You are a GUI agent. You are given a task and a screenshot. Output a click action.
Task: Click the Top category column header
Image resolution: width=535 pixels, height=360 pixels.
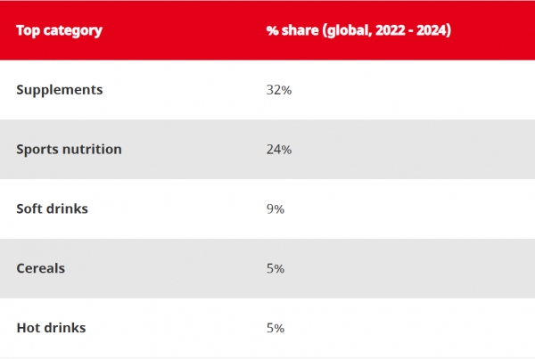tap(60, 30)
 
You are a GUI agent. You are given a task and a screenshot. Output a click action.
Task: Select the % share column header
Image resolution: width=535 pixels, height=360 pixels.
tap(358, 30)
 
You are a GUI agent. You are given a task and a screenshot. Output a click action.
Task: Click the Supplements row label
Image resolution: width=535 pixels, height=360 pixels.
tap(60, 90)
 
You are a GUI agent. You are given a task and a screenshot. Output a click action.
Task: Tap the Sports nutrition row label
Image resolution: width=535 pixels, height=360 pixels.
tap(69, 150)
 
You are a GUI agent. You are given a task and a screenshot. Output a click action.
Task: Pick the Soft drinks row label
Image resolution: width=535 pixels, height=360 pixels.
tap(53, 209)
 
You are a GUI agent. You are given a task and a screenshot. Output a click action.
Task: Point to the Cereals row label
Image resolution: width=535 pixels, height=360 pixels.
tap(41, 268)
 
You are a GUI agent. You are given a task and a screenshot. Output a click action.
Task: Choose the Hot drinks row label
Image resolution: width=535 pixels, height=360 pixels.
tap(51, 328)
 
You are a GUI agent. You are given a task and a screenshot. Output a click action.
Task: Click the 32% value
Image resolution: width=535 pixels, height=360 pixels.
tap(279, 90)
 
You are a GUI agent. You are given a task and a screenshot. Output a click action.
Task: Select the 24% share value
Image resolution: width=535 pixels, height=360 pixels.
tap(279, 150)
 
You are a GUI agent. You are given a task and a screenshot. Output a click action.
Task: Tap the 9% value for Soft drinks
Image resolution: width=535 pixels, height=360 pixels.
tap(276, 209)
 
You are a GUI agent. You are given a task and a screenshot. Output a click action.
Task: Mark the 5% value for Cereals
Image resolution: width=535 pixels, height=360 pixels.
tap(276, 268)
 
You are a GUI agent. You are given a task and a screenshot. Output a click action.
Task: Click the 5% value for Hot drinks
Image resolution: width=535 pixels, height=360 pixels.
tap(276, 328)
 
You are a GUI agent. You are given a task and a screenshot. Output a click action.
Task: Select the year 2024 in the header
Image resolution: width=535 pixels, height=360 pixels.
tap(432, 30)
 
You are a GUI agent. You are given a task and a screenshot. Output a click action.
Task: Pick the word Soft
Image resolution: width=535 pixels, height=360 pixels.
tap(28, 209)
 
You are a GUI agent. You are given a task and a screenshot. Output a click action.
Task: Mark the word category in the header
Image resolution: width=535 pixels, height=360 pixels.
tap(73, 31)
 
